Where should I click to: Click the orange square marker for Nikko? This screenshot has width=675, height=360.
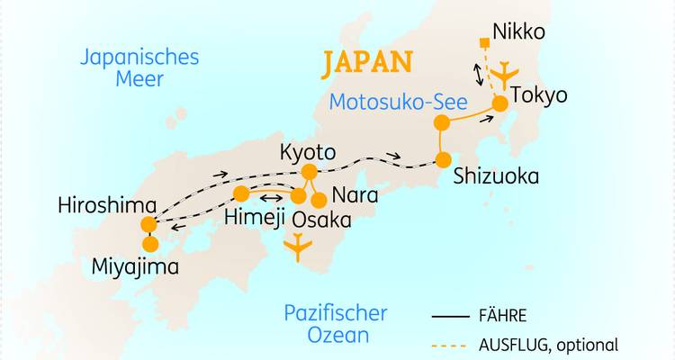point(484,42)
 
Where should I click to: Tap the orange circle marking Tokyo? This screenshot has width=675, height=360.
point(499,104)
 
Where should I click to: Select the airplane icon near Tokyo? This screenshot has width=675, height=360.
point(508,73)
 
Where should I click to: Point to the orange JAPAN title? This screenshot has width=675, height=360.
point(369,62)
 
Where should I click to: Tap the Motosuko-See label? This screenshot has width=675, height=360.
point(398,101)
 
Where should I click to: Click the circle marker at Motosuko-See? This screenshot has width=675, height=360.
point(441,123)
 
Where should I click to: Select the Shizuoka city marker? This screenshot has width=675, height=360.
point(443,159)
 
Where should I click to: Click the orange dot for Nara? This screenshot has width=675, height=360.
point(318,200)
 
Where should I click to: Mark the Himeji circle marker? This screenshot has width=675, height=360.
point(241,194)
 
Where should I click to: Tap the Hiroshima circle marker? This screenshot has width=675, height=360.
point(148,225)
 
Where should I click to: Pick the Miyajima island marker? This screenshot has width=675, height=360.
point(150,244)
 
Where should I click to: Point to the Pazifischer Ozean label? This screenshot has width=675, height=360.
point(336,324)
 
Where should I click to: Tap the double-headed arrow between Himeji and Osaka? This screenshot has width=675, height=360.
point(270,194)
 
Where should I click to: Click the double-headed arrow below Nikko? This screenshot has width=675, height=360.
point(478,73)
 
